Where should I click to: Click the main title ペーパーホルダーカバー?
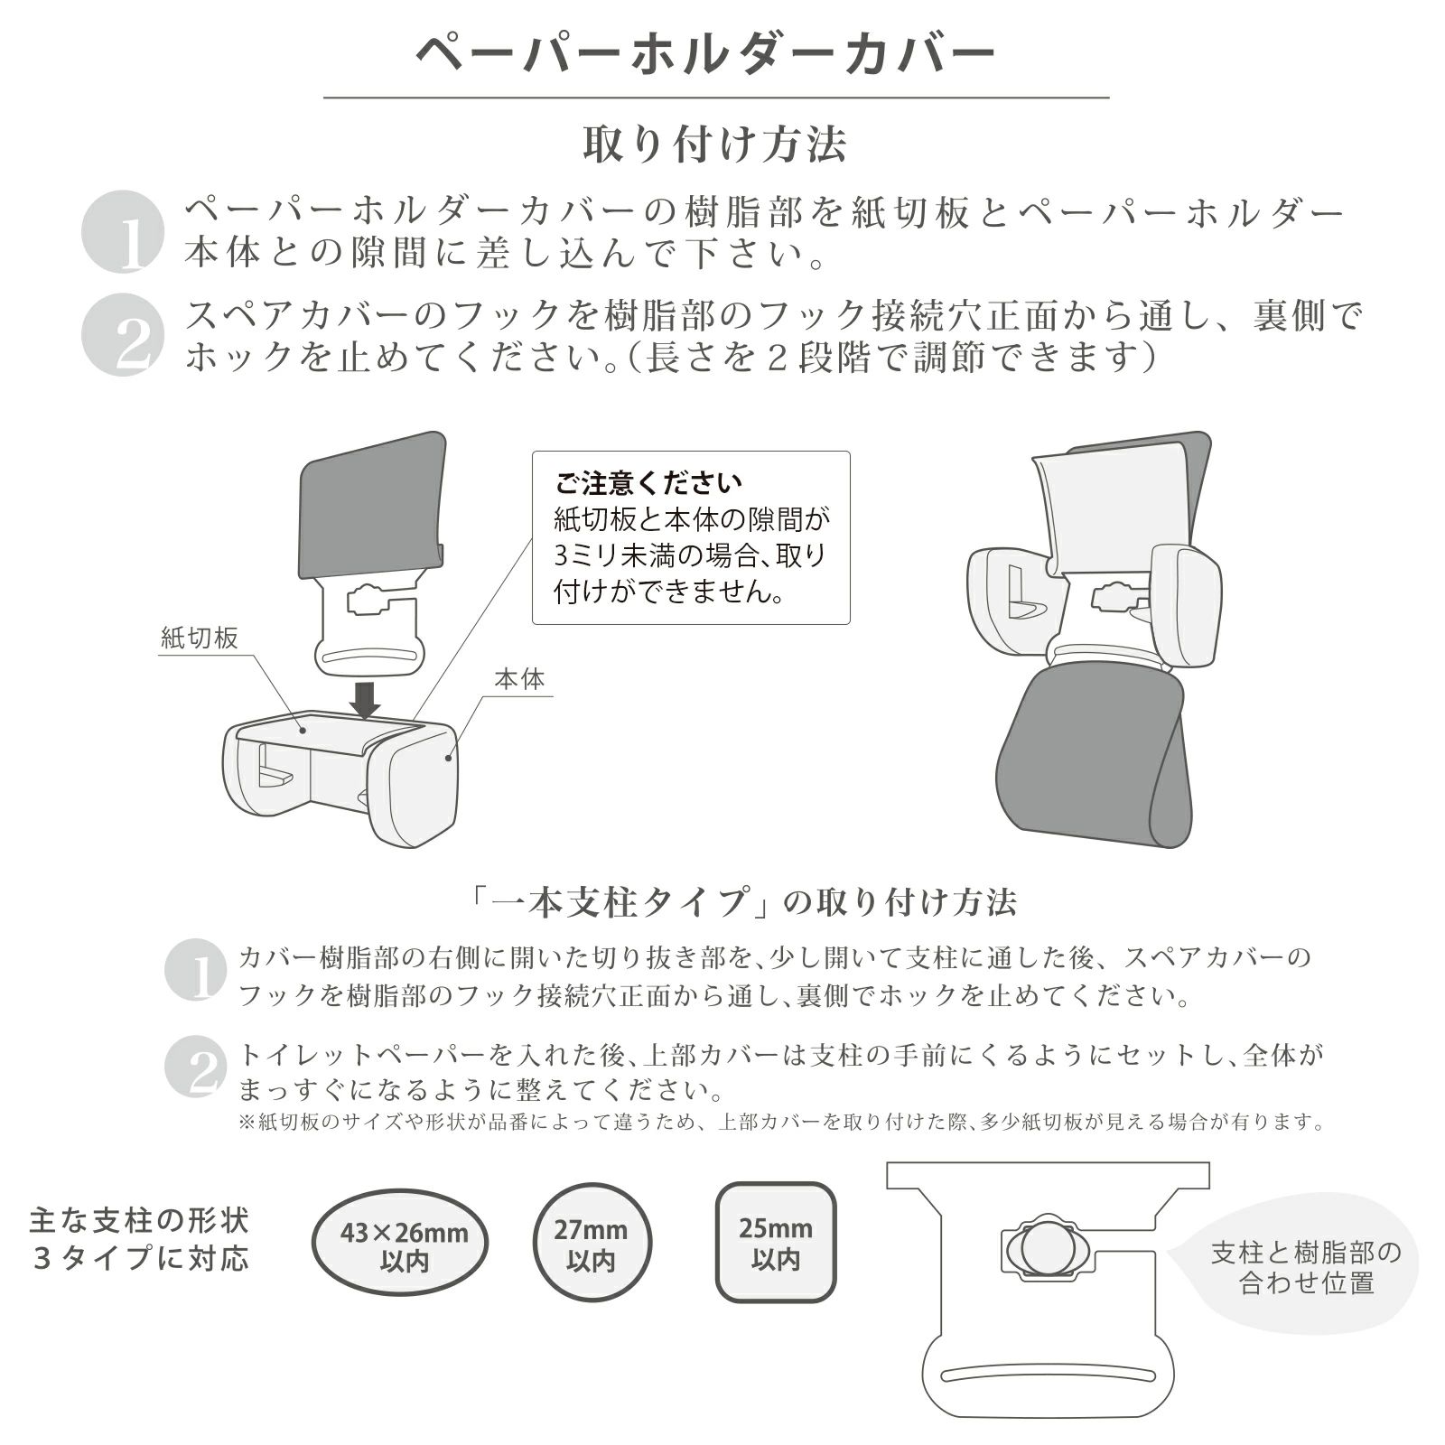pos(705,53)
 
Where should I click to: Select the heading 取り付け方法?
pos(714,144)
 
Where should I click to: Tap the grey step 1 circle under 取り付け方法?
pos(123,232)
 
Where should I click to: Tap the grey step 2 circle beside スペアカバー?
pos(123,335)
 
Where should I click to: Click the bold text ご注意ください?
pos(648,483)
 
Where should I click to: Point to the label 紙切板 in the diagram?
pos(200,638)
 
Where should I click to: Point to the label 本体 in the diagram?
pos(519,679)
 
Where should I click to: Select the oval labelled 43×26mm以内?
pos(400,1244)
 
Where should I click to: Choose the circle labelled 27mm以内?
pos(591,1244)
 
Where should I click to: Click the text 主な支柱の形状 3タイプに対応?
pos(139,1240)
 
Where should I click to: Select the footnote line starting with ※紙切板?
pos(781,1123)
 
